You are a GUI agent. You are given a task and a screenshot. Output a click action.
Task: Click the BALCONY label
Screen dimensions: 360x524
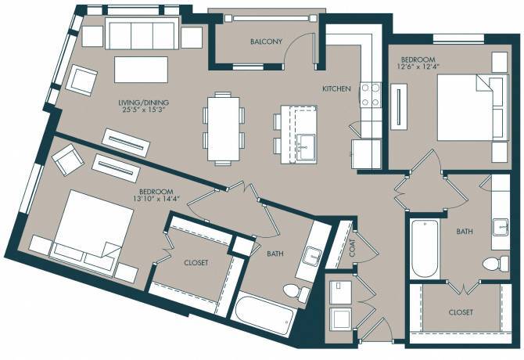pyautogui.click(x=266, y=41)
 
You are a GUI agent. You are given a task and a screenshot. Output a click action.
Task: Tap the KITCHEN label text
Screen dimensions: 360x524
pyautogui.click(x=336, y=89)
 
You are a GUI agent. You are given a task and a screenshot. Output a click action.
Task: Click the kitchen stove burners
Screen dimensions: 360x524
pyautogui.click(x=370, y=95)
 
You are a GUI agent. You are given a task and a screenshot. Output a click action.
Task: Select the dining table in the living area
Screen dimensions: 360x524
pyautogui.click(x=221, y=128)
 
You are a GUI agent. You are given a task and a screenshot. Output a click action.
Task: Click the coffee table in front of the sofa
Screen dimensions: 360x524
pyautogui.click(x=142, y=69)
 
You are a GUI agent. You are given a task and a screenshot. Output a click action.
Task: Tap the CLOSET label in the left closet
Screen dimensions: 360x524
pyautogui.click(x=195, y=263)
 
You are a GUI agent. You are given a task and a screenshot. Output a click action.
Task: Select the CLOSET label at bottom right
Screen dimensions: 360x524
pyautogui.click(x=461, y=312)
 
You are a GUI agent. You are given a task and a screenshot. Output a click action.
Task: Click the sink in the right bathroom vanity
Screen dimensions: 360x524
pyautogui.click(x=500, y=228)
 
